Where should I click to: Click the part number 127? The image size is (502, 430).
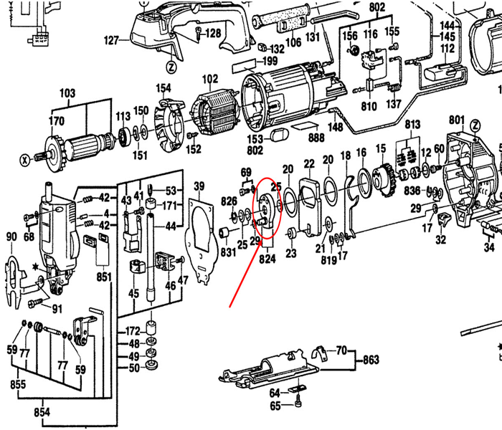(110, 41)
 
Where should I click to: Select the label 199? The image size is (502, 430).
(270, 62)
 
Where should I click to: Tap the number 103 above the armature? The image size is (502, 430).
(67, 93)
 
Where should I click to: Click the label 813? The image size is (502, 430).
(412, 125)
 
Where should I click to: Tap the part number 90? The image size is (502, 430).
(11, 237)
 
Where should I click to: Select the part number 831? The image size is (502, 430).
(228, 252)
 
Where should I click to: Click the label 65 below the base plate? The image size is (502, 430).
(275, 406)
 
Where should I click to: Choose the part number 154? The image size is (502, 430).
(164, 88)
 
